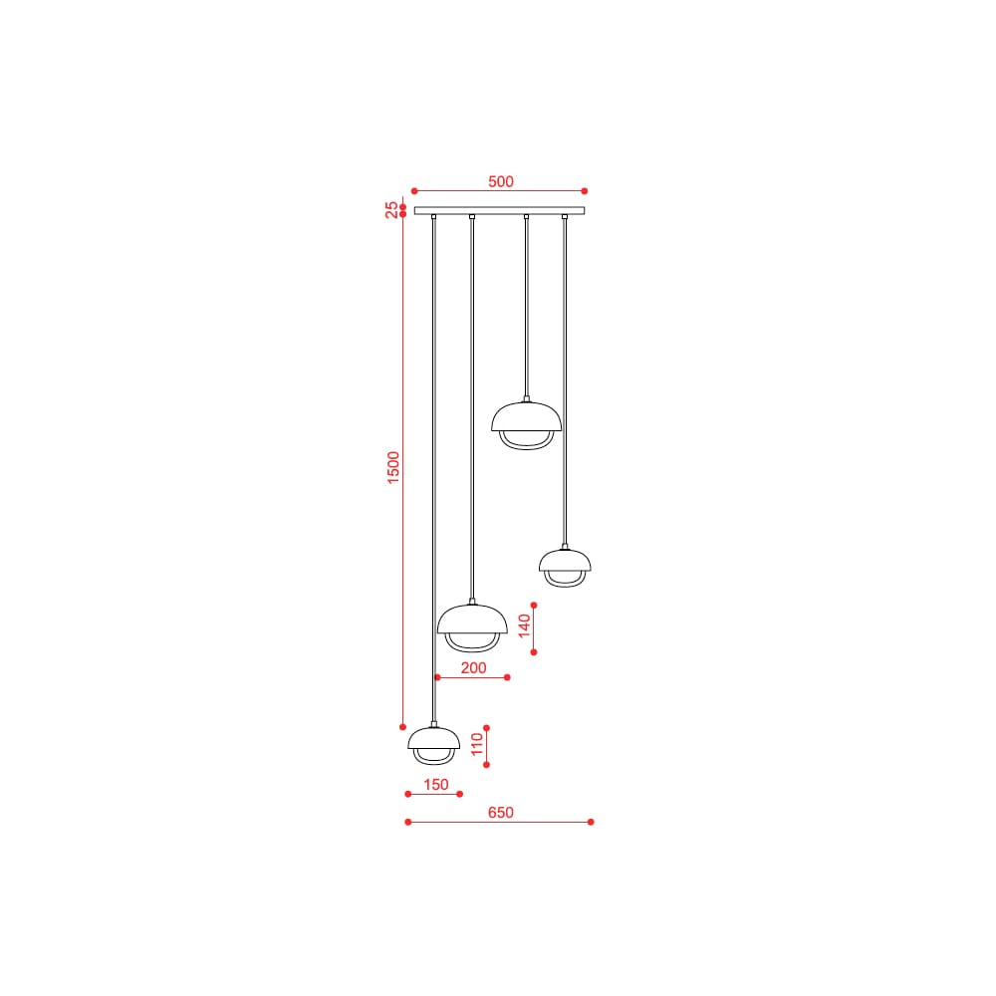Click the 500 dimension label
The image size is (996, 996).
(501, 181)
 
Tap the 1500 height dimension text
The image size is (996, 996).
(393, 467)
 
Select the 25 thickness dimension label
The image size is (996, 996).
(391, 209)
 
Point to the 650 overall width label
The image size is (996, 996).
(501, 813)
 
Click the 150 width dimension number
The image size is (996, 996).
(436, 785)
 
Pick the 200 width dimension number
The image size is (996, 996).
(473, 667)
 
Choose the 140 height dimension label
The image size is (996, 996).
(524, 625)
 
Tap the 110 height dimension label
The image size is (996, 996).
(477, 744)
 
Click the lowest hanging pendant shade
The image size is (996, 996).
(434, 738)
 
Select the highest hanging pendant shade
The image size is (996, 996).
(526, 416)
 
